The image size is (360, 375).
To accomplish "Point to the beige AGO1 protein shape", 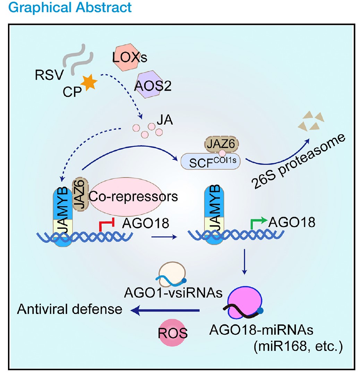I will click(172, 275).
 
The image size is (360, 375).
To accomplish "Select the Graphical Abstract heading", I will click(66, 7).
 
